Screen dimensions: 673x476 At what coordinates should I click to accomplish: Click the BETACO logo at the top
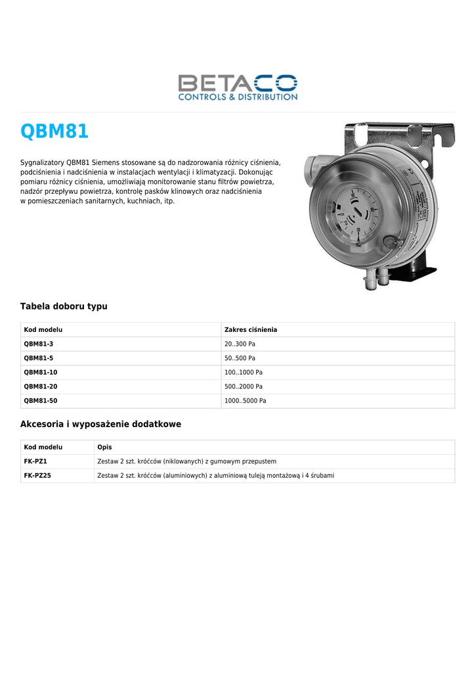pyautogui.click(x=238, y=87)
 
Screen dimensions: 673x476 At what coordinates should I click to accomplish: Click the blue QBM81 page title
pyautogui.click(x=54, y=131)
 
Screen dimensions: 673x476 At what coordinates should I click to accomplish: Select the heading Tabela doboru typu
pyautogui.click(x=64, y=306)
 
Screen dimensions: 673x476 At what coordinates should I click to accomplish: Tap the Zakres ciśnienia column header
pyautogui.click(x=251, y=330)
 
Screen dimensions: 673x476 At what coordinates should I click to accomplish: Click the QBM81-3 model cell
pyautogui.click(x=39, y=344)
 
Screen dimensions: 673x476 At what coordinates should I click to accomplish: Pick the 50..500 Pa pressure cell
pyautogui.click(x=240, y=358)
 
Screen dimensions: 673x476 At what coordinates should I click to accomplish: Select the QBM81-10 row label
pyautogui.click(x=41, y=372)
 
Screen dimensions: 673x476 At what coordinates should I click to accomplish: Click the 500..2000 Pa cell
pyautogui.click(x=243, y=386)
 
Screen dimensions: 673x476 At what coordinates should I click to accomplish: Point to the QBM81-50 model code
pyautogui.click(x=41, y=400)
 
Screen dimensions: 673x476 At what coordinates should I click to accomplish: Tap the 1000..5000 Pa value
pyautogui.click(x=245, y=400)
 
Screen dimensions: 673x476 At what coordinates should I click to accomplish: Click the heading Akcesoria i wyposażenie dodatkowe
pyautogui.click(x=100, y=425)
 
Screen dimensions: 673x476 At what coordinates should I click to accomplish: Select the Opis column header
pyautogui.click(x=104, y=447)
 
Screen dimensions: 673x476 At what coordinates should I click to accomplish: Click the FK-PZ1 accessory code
pyautogui.click(x=35, y=461)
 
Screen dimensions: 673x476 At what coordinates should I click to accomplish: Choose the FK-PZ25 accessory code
pyautogui.click(x=37, y=475)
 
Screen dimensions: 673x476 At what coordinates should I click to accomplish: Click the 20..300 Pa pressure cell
pyautogui.click(x=240, y=344)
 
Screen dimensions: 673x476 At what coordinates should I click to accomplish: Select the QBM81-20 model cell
pyautogui.click(x=41, y=386)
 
